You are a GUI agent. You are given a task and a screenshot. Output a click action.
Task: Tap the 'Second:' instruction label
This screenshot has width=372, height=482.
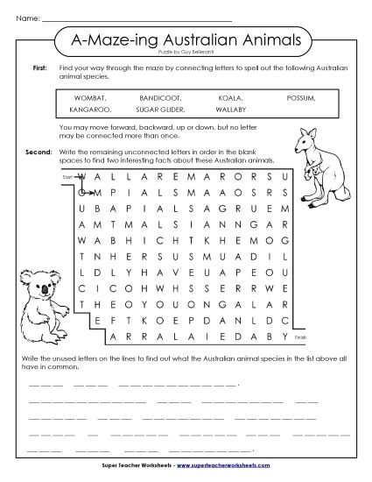click(39, 151)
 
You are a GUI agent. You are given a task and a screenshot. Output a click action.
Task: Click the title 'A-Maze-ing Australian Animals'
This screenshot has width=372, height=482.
click(186, 39)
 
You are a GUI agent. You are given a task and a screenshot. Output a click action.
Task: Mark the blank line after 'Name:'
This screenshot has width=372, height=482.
click(137, 18)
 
